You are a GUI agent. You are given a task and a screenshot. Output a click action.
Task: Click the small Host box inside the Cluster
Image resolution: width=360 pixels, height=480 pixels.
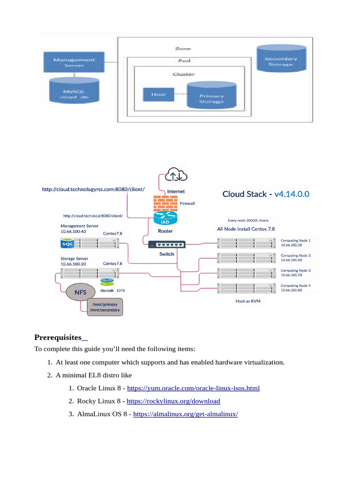point(158,94)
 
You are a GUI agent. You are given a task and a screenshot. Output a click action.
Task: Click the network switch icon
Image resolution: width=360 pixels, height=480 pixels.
point(166,244)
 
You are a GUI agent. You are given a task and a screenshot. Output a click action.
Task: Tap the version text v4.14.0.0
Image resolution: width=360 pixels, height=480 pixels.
point(292,194)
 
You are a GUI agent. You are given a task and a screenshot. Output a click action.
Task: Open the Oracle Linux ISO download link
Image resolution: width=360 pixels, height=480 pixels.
point(193,388)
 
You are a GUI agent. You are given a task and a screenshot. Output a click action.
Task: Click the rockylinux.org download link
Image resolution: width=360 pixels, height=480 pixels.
point(173,401)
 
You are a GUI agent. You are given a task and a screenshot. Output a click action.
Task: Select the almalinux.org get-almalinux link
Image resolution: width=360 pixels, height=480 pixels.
point(186,414)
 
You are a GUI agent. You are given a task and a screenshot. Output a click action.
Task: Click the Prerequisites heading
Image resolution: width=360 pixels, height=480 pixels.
point(61,337)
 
